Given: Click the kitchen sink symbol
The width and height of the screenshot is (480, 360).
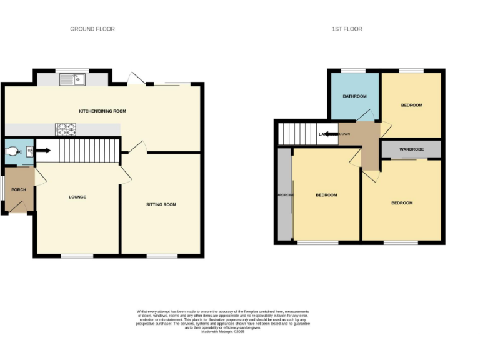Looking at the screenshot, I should click(x=72, y=79).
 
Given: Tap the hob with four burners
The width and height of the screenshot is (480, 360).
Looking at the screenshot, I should click(x=66, y=129).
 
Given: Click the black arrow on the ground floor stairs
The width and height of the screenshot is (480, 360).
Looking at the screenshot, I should click(x=43, y=150).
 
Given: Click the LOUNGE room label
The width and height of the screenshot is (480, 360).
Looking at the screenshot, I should click(x=77, y=197).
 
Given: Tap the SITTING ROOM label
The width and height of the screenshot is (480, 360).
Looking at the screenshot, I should click(x=161, y=204).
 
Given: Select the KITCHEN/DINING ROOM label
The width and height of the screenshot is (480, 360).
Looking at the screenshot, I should click(x=102, y=111).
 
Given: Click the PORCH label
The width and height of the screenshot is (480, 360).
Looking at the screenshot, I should click(x=18, y=189).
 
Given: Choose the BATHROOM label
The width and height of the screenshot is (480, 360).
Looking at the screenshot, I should click(x=354, y=96).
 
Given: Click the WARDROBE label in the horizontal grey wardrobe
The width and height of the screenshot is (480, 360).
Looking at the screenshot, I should click(x=411, y=149).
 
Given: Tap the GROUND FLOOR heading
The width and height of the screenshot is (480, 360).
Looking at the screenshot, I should click(x=92, y=29).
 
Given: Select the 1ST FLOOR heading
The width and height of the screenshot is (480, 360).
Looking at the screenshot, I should click(x=347, y=29).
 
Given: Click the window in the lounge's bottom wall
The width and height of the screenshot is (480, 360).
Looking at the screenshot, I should click(x=77, y=256).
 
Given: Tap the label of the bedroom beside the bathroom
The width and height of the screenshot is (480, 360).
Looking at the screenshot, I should click(x=411, y=105).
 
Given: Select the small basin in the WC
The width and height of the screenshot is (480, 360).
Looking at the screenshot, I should click(x=29, y=151).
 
